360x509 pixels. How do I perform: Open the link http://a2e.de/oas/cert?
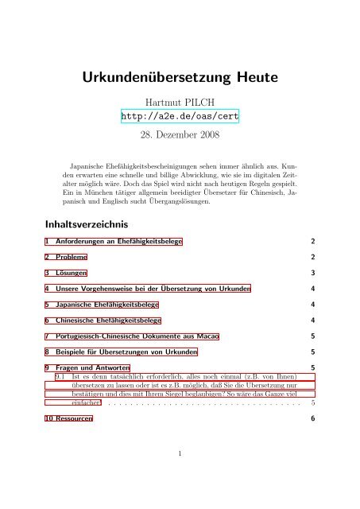point(180,118)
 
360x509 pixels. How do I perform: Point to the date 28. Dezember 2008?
point(180,136)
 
